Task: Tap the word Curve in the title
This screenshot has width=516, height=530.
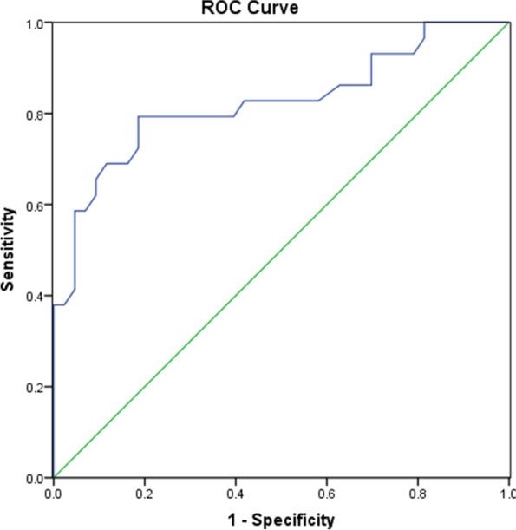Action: (x=287, y=7)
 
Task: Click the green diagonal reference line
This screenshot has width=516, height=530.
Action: (x=281, y=250)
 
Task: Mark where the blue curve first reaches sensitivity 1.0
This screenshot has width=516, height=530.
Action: (x=424, y=23)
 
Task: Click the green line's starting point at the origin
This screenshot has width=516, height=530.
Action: (x=54, y=478)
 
